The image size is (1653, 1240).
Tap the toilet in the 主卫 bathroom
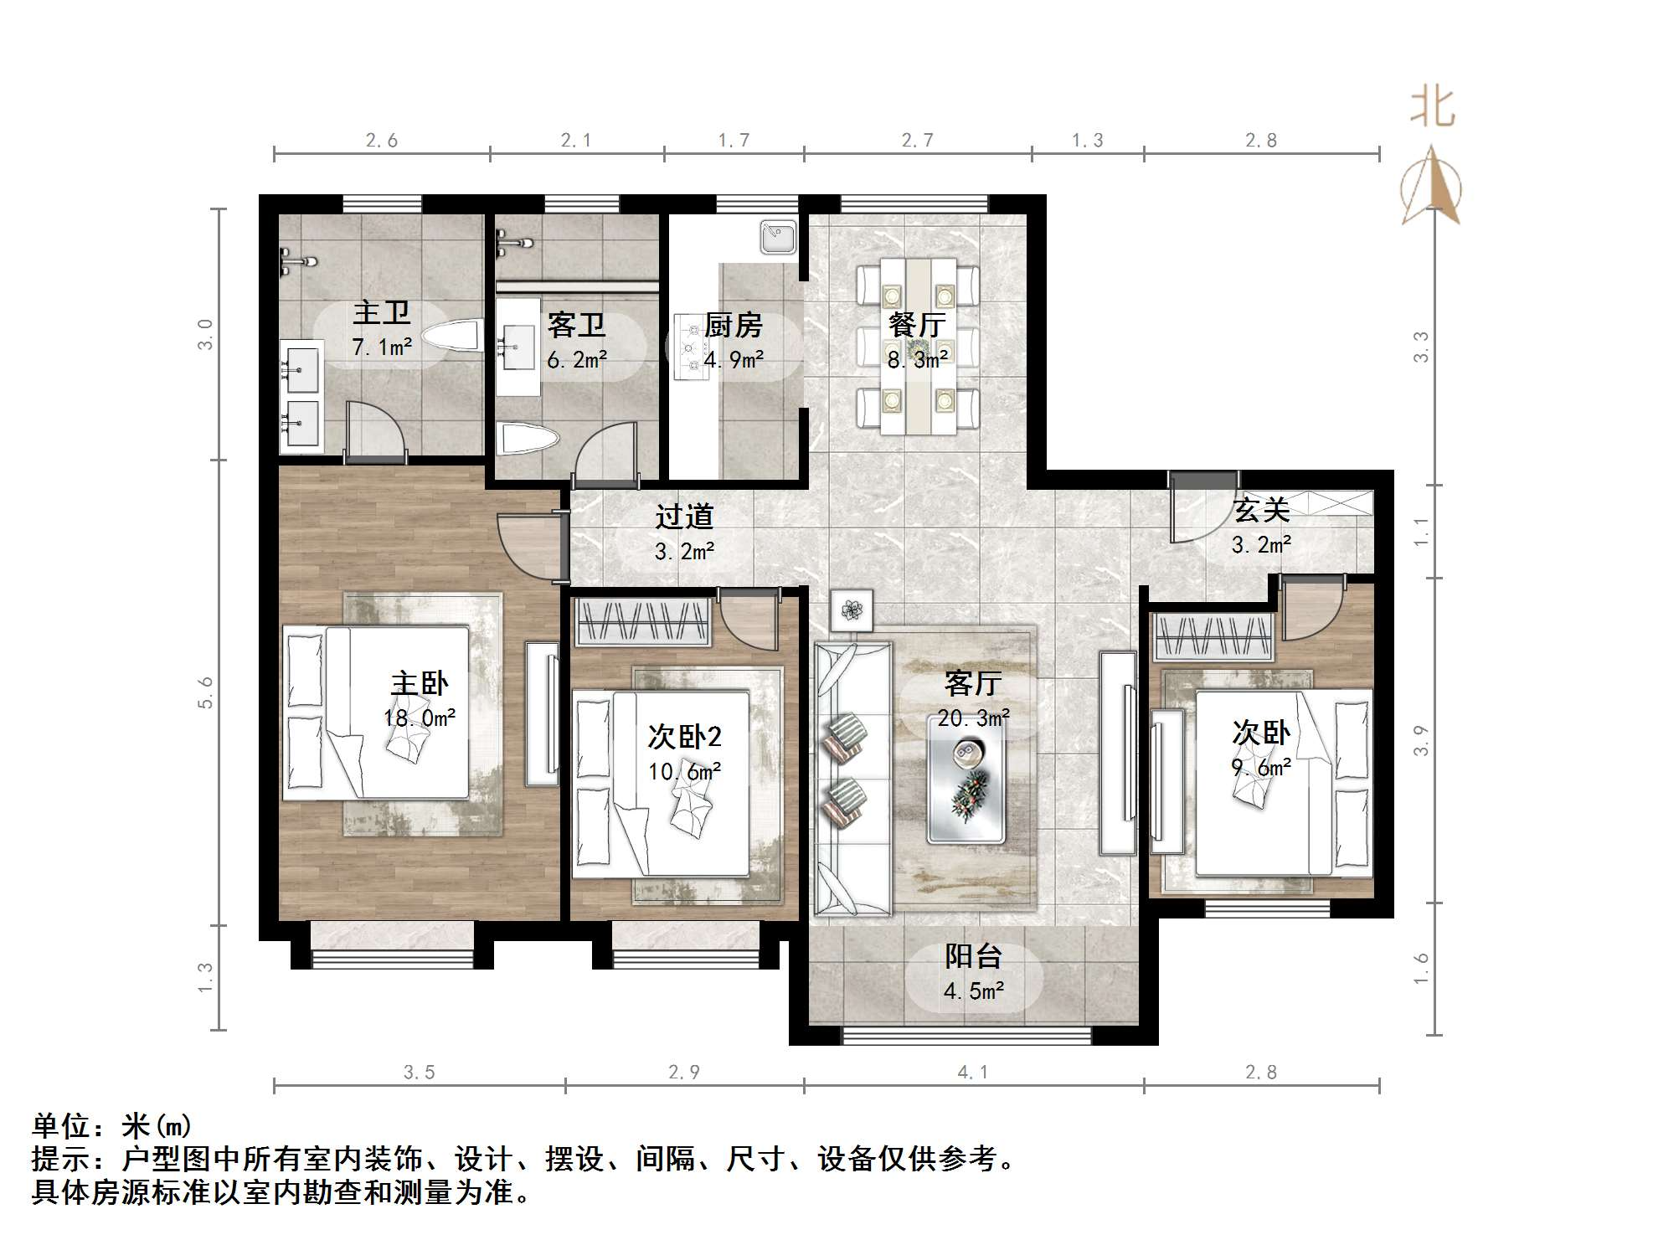(451, 337)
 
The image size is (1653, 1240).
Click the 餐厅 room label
(917, 325)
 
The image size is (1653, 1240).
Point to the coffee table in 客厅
(966, 780)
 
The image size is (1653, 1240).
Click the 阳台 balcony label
(973, 956)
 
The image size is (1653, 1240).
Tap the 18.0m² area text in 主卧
(420, 718)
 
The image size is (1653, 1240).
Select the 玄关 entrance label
(1260, 510)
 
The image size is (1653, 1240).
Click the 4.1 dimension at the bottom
(972, 1072)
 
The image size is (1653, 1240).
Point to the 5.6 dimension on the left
(206, 692)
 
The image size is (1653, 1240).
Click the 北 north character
(1433, 108)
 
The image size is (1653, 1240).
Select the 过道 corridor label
(683, 517)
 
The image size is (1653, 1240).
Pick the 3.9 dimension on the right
(1421, 741)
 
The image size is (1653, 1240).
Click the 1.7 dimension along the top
(734, 141)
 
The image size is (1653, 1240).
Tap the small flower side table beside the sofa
(852, 610)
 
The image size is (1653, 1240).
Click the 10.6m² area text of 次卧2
(685, 771)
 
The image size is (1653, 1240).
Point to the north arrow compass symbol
(1432, 186)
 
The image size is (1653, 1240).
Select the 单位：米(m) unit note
(112, 1126)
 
